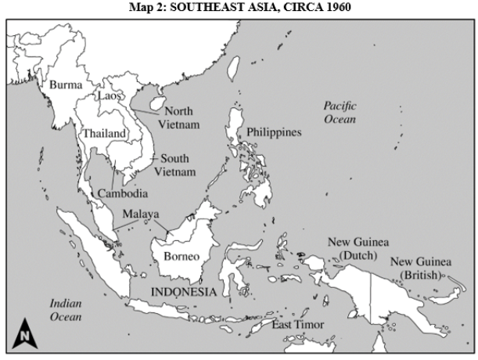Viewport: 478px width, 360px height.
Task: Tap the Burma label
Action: point(65,84)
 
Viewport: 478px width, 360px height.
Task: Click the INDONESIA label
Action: point(183,292)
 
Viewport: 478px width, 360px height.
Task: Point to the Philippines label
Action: point(274,132)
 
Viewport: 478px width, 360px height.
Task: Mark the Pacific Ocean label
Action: point(340,113)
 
